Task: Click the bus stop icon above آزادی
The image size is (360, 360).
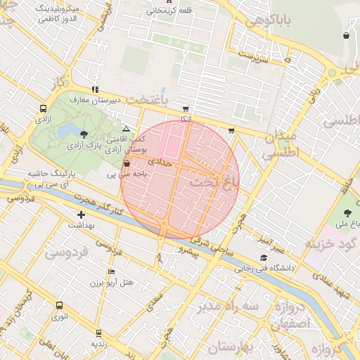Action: tap(44, 109)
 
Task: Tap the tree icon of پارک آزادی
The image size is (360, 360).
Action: tap(85, 134)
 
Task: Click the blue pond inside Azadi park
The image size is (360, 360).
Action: tap(69, 131)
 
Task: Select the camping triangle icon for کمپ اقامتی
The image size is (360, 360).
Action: tap(126, 129)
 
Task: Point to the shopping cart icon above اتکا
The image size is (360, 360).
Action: tap(186, 109)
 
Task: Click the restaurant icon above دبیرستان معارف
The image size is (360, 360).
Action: tap(95, 89)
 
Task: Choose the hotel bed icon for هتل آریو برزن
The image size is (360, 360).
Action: tap(110, 271)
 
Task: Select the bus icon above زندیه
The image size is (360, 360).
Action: tap(98, 332)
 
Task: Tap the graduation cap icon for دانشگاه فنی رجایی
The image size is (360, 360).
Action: tap(283, 257)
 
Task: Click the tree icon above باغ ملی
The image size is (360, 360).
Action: tap(347, 212)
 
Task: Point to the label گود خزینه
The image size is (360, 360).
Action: tap(330, 243)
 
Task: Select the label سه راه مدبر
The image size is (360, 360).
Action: tap(229, 307)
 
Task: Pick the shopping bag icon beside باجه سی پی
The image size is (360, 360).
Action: tap(126, 164)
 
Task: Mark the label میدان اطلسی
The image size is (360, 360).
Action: tap(283, 143)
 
